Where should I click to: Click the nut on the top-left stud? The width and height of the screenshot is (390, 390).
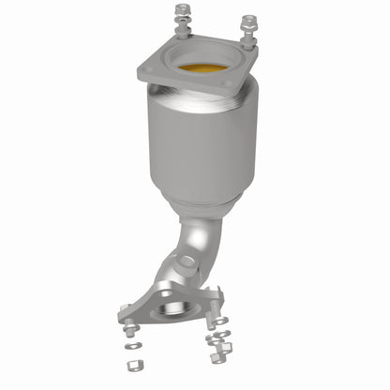(x=181, y=12)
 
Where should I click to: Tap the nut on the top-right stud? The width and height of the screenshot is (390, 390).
(x=248, y=20)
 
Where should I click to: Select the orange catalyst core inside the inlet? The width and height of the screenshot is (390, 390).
(x=202, y=67)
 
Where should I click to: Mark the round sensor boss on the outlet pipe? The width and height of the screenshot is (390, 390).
(x=187, y=263)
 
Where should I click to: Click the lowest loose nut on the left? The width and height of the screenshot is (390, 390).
(x=135, y=364)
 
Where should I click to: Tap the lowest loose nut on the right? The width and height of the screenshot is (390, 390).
(x=220, y=357)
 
